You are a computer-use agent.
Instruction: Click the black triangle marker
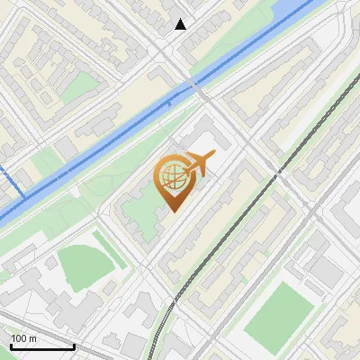tap(181, 24)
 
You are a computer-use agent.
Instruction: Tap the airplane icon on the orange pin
tap(200, 163)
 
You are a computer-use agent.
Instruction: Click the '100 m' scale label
tap(23, 337)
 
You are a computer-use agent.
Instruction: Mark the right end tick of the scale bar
tap(74, 346)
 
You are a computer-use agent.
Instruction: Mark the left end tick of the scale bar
tap(10, 346)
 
